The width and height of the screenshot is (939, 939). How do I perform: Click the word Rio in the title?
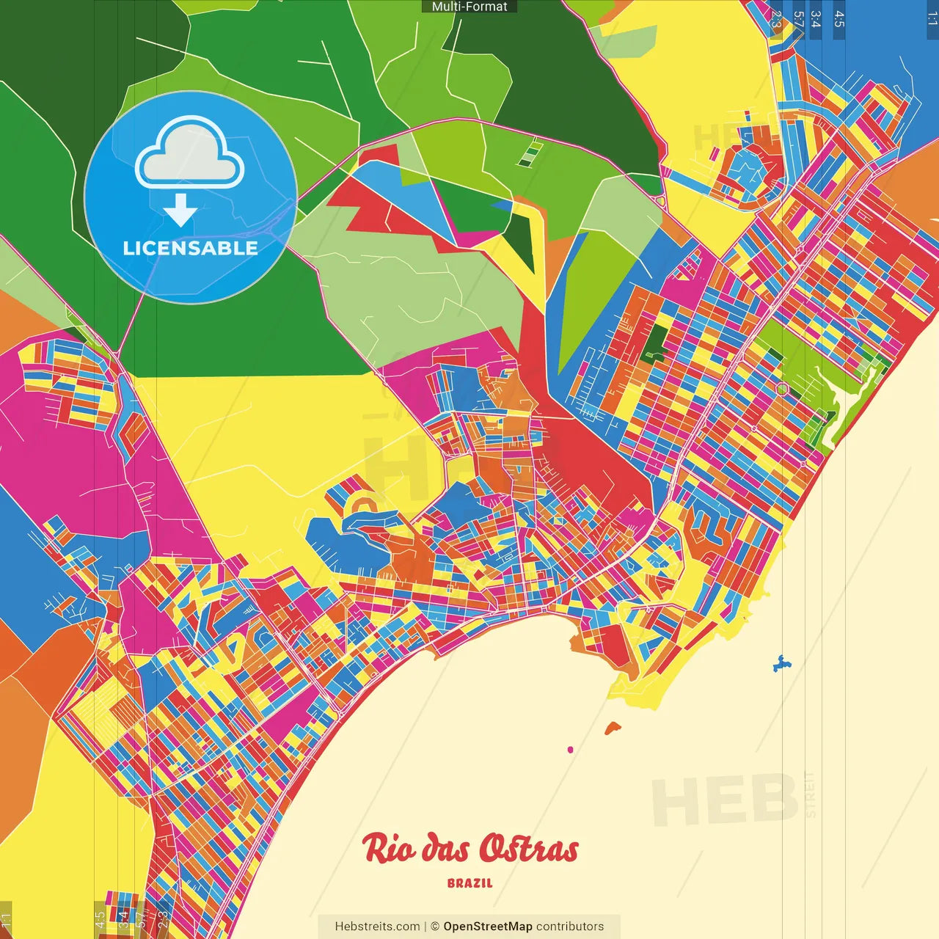pos(389,849)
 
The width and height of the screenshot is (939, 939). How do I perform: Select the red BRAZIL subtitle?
pos(469,883)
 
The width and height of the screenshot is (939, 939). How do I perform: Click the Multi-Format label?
pos(469,7)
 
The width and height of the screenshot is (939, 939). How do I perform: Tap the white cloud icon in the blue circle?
pos(190,155)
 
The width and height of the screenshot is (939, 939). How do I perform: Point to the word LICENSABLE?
pos(191,248)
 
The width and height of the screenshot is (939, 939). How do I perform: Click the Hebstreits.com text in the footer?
pos(377,927)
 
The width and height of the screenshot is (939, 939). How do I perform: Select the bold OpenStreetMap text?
pos(488,927)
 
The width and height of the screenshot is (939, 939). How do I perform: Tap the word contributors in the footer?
pos(570,927)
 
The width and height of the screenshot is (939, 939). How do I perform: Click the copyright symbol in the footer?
pos(435,927)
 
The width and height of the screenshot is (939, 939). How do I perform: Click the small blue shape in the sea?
pos(782,664)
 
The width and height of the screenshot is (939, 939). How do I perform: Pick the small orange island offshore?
pos(613,728)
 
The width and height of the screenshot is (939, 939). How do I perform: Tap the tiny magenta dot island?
pos(570,750)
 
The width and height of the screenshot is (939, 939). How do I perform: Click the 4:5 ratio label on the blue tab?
pos(839,19)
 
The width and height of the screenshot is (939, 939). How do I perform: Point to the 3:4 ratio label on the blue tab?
pos(816,19)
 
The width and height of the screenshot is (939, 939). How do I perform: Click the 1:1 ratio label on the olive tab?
pos(6,919)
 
